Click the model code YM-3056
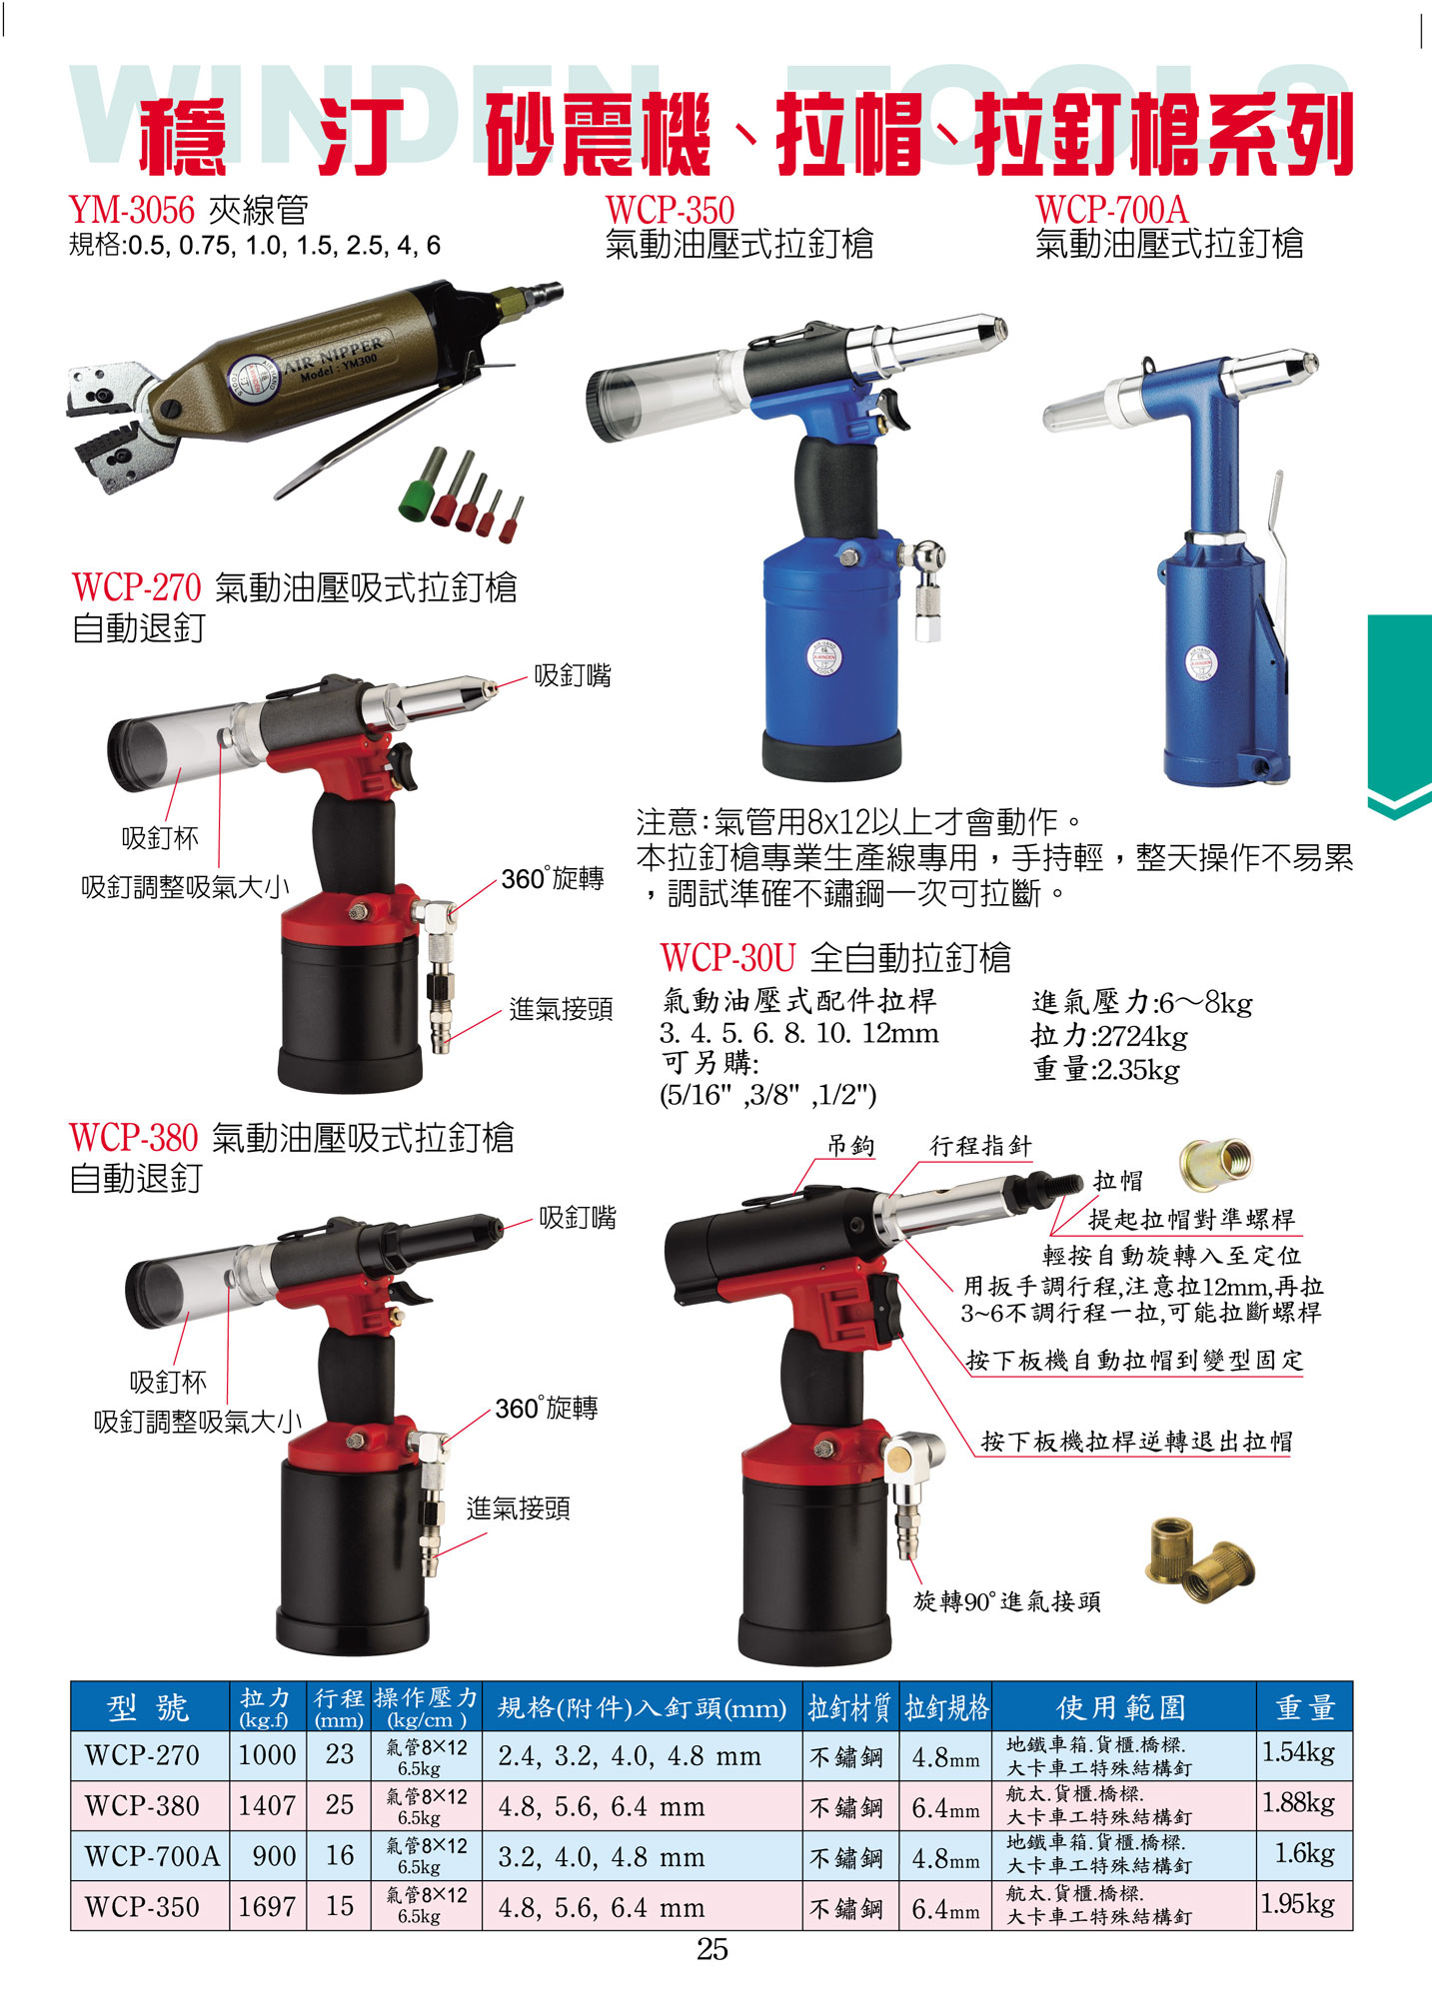pyautogui.click(x=132, y=210)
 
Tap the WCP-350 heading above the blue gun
pyautogui.click(x=670, y=210)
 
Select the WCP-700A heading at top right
pyautogui.click(x=1111, y=210)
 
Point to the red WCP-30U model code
pyautogui.click(x=727, y=957)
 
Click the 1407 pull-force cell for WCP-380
pyautogui.click(x=267, y=1805)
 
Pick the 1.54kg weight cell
pyautogui.click(x=1298, y=1752)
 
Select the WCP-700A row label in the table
pyautogui.click(x=152, y=1856)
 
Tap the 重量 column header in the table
pyautogui.click(x=1305, y=1707)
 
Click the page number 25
pyautogui.click(x=713, y=1949)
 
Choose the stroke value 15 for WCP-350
pyautogui.click(x=340, y=1905)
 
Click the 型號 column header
pyautogui.click(x=148, y=1707)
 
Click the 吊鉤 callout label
pyautogui.click(x=850, y=1145)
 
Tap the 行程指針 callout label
pyautogui.click(x=980, y=1145)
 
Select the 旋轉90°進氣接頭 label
pyautogui.click(x=1007, y=1601)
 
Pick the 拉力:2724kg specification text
pyautogui.click(x=1109, y=1036)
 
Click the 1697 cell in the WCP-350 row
pyautogui.click(x=267, y=1906)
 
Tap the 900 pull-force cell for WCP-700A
pyautogui.click(x=274, y=1856)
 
